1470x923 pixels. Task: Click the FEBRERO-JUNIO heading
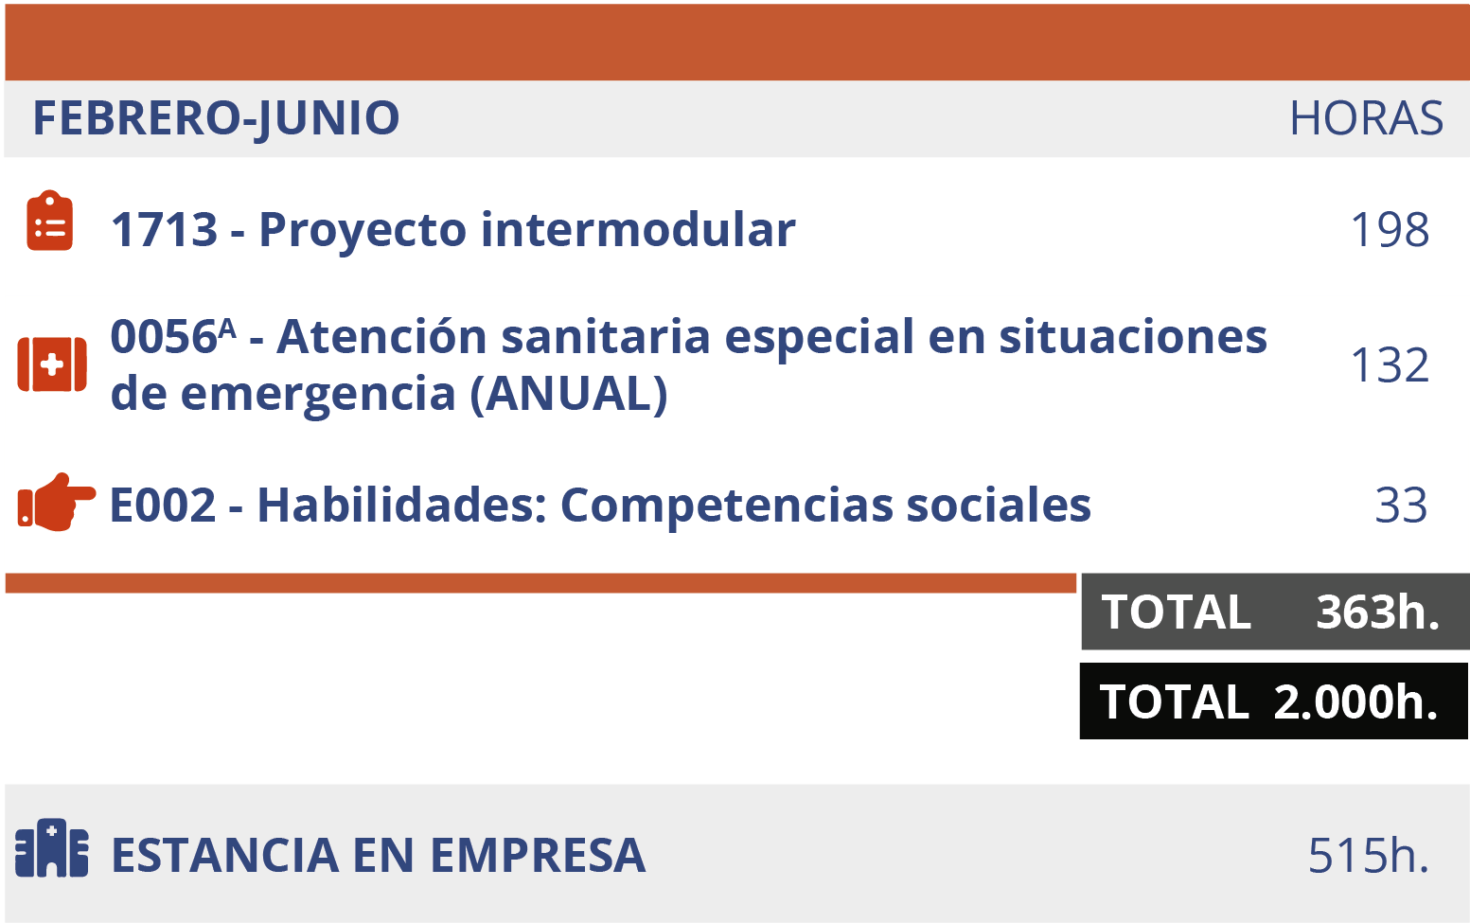click(216, 119)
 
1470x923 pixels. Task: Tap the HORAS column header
click(1366, 119)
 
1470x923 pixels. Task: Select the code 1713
click(164, 230)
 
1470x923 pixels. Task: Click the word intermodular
click(638, 230)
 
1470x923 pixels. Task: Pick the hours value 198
click(1389, 230)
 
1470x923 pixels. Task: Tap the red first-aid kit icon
click(52, 364)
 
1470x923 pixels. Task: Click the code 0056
click(164, 338)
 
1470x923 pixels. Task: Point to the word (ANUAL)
click(569, 394)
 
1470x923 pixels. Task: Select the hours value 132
click(1389, 365)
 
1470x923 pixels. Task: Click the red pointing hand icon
click(56, 502)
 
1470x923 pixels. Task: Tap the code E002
click(163, 506)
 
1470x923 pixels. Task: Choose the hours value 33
click(1401, 506)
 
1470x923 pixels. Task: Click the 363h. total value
click(1377, 612)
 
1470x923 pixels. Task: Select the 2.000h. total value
click(1355, 702)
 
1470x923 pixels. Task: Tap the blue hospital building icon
click(52, 848)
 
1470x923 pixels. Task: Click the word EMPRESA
click(538, 856)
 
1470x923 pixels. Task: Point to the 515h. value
click(1368, 856)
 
